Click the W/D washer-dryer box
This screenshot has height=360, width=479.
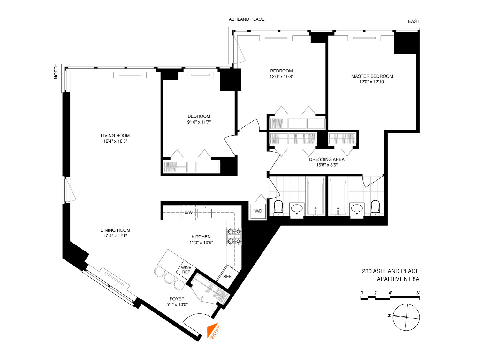[258, 211]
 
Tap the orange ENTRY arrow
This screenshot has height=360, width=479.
[212, 330]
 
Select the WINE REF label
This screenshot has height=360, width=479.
[186, 269]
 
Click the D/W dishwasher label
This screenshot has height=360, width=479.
[188, 212]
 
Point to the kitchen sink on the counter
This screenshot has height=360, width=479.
[204, 213]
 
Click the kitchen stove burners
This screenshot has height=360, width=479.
[234, 236]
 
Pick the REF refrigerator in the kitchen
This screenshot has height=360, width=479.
[227, 276]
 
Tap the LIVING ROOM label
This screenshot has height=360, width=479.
[115, 136]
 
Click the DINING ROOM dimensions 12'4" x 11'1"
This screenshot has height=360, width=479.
[115, 236]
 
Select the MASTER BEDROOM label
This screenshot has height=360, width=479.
[372, 76]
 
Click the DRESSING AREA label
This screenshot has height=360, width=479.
[327, 159]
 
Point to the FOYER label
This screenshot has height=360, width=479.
[177, 299]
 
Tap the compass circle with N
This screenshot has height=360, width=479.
[406, 317]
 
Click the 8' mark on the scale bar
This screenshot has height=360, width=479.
[418, 293]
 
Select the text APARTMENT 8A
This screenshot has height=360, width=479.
[398, 279]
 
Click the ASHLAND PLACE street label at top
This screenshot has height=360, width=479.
[247, 19]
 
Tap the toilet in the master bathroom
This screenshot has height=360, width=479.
[375, 208]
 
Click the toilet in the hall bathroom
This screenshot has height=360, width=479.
[278, 208]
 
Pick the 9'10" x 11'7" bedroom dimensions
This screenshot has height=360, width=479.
[199, 122]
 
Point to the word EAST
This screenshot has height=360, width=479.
[414, 22]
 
